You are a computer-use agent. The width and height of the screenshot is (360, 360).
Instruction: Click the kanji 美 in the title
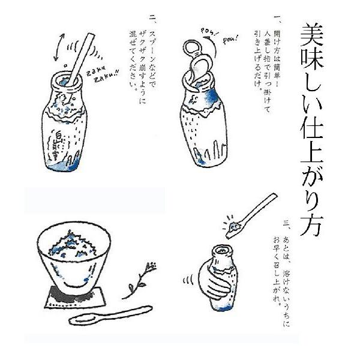(311, 34)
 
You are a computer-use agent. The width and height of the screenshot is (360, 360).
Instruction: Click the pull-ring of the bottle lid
(192, 47)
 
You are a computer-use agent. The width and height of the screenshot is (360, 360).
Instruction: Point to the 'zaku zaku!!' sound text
(103, 74)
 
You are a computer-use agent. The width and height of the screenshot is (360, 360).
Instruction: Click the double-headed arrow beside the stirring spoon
(59, 47)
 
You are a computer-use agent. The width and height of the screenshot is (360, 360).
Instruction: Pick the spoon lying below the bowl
(110, 315)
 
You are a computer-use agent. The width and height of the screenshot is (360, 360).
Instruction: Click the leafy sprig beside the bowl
(139, 281)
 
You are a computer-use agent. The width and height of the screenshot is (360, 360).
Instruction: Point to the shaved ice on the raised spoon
(233, 228)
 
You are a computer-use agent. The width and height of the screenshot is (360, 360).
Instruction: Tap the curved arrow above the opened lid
(212, 47)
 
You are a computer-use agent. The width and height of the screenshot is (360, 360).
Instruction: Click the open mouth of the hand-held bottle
(222, 250)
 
